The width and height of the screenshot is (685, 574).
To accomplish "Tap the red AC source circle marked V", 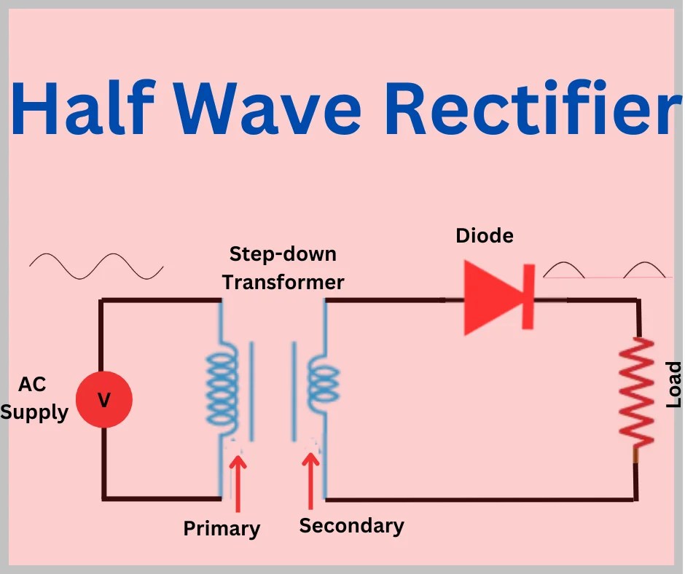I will tap(104, 399).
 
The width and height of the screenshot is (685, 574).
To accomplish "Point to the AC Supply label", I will tap(34, 399).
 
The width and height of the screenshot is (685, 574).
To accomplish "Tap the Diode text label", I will tap(485, 236).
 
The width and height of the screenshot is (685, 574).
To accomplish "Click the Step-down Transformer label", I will tap(283, 268).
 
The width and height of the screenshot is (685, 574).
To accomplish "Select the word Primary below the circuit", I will tap(222, 529).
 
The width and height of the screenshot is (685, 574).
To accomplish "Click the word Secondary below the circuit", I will tap(351, 525).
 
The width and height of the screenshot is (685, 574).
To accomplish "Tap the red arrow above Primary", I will tap(238, 481).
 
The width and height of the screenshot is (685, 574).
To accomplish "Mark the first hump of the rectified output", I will tap(565, 270).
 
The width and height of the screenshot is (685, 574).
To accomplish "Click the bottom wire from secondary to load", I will tap(481, 500).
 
